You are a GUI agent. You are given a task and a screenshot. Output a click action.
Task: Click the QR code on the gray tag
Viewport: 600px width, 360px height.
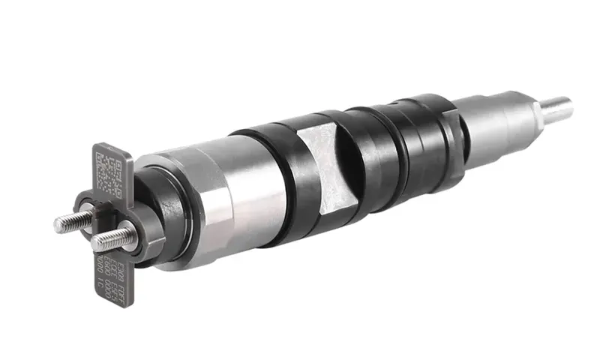[x=108, y=171]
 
